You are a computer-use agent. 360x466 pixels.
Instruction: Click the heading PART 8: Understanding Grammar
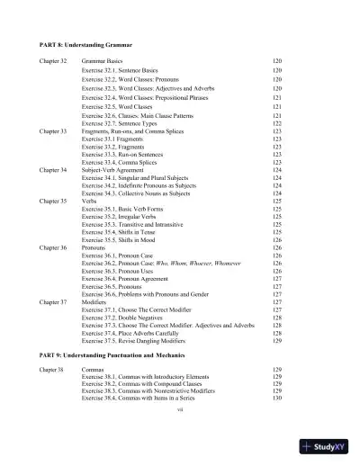pyautogui.click(x=84, y=43)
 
